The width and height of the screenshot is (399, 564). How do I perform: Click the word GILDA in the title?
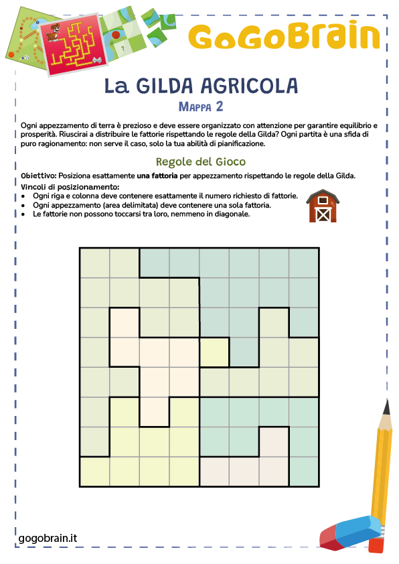coord(167,86)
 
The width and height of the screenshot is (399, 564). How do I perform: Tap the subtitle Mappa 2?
coord(201,106)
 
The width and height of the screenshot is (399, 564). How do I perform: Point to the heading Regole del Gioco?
coord(200,161)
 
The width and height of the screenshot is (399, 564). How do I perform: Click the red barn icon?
coord(322,206)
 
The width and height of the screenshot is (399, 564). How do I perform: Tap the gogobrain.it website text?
coord(48,537)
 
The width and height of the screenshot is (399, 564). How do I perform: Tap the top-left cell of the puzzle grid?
coord(94,263)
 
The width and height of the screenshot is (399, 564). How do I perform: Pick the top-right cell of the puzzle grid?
coord(304,263)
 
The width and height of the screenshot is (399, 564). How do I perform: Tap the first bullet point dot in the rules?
coord(23,195)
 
